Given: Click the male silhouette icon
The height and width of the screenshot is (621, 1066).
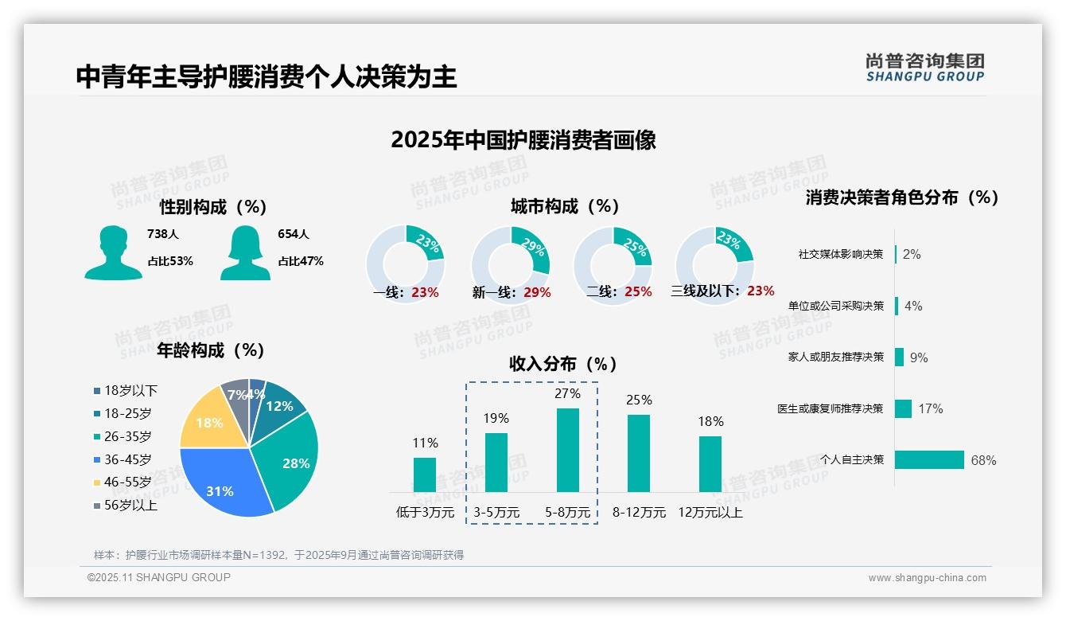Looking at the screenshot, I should click(x=113, y=252).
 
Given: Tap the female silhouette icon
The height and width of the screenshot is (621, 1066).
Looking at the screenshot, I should click(x=245, y=252).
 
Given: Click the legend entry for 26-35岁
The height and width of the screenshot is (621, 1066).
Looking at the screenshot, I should click(x=127, y=436).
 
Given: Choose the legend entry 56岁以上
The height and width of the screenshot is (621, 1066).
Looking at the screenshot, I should click(x=130, y=506).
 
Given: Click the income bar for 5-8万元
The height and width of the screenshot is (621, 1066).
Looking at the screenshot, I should click(x=567, y=450).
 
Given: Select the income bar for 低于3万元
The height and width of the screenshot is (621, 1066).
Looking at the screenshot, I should click(x=425, y=475).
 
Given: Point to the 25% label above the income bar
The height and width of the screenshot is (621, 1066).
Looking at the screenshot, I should click(x=639, y=400).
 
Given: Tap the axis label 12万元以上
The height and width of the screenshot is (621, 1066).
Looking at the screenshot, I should click(x=710, y=513).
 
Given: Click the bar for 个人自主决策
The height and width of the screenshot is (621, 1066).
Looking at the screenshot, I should click(x=929, y=459).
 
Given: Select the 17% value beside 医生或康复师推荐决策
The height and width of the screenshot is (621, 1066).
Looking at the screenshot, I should click(x=930, y=408).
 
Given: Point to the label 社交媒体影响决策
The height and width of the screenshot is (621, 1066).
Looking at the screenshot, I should click(x=841, y=255).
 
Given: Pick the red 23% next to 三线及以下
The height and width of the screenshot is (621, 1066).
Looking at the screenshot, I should click(x=761, y=291).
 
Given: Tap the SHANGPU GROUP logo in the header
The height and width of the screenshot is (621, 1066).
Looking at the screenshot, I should click(x=925, y=68).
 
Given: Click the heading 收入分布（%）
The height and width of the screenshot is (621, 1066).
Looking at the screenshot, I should click(x=563, y=364).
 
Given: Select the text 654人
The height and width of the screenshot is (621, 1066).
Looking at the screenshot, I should click(x=294, y=234).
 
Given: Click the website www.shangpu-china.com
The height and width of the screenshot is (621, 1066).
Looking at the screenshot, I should click(x=927, y=578).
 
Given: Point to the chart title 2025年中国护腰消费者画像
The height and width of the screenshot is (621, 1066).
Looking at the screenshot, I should click(x=523, y=141).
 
